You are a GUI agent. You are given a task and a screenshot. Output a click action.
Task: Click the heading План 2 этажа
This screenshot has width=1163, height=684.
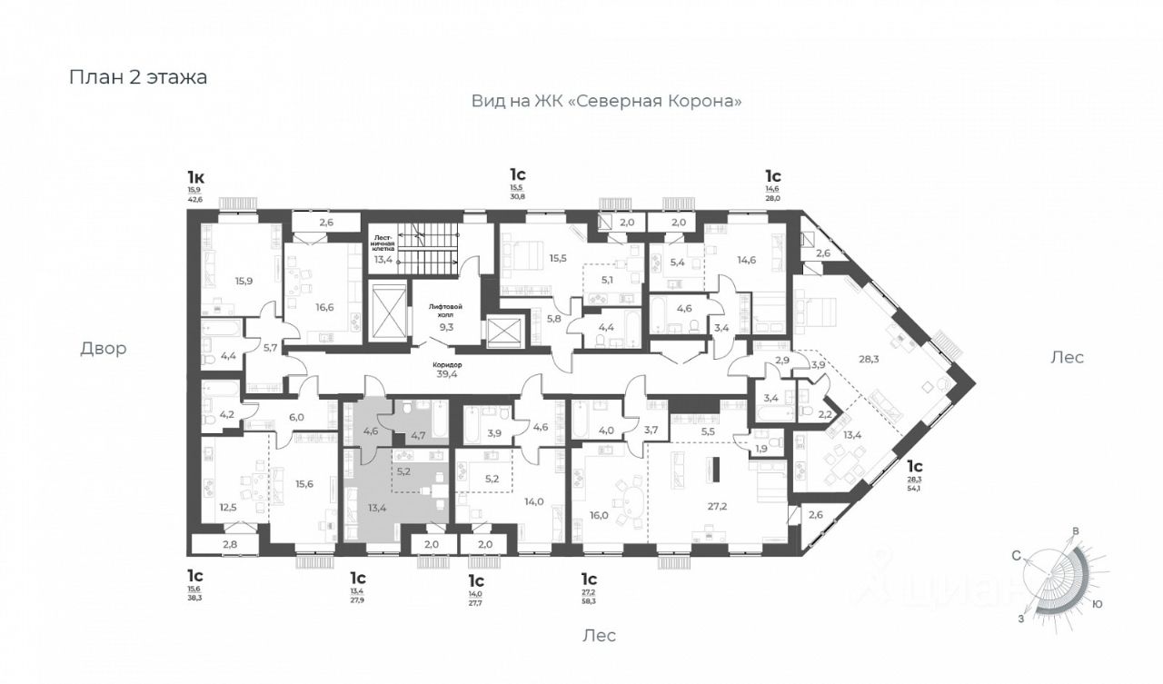point(138,77)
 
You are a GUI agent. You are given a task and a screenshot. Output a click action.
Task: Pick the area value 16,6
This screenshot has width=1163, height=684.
point(324,307)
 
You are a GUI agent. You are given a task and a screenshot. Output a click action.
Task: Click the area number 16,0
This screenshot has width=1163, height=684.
point(599,515)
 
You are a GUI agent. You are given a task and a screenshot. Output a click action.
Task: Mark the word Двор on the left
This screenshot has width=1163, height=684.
point(103,348)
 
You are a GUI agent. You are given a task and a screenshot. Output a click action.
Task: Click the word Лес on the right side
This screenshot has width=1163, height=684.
point(1067,357)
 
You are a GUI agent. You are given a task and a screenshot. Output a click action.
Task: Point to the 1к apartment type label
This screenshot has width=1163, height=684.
point(195,176)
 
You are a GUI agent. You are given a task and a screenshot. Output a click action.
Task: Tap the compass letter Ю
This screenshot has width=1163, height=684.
point(1098,603)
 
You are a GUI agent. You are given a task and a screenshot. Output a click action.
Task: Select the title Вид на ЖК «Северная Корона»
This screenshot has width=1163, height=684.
point(606,102)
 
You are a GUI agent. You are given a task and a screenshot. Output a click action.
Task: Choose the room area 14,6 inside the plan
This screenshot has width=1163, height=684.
point(746,260)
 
